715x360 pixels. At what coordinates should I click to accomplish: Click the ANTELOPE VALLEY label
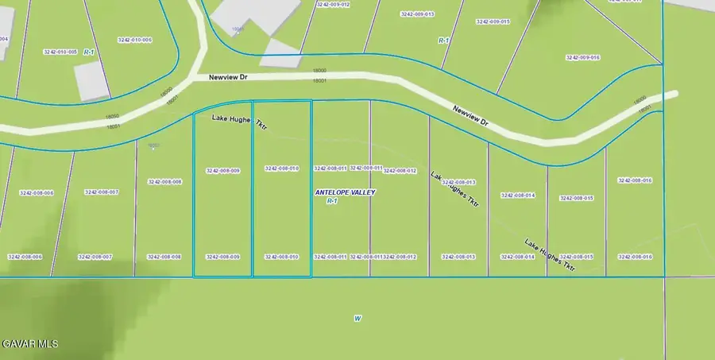[345, 192]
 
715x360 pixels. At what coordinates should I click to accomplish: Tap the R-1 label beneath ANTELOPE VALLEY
[333, 202]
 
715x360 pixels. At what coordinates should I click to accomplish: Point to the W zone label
[357, 319]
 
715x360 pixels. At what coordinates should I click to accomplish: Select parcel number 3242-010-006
[134, 40]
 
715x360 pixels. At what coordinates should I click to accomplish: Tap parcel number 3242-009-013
[417, 14]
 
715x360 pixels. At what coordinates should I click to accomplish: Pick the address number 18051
[114, 126]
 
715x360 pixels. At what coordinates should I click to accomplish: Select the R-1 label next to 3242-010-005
[90, 52]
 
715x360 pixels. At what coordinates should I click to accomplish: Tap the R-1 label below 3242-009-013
[444, 39]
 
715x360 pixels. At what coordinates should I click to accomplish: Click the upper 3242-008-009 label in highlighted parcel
[222, 170]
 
